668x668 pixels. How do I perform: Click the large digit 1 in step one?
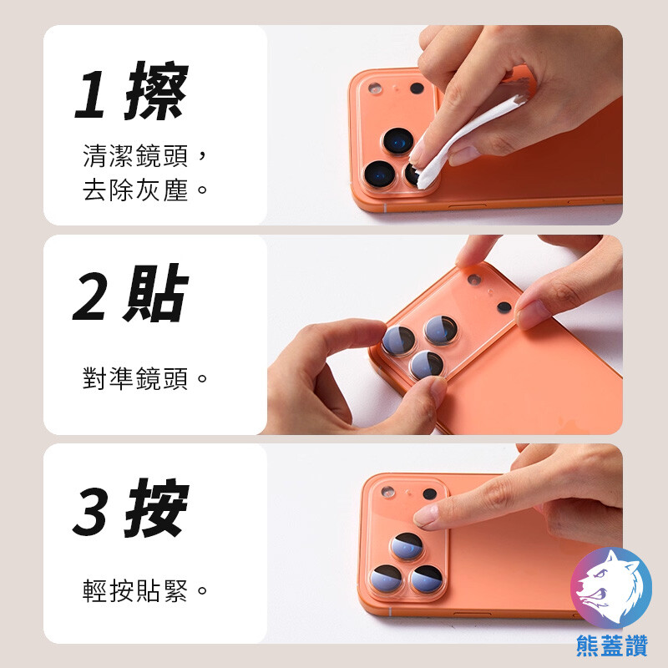tap(90, 94)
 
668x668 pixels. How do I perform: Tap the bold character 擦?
tap(157, 91)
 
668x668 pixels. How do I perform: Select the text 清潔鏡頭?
tap(135, 155)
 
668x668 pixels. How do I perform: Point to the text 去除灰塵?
tap(135, 190)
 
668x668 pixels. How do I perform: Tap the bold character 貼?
tap(156, 293)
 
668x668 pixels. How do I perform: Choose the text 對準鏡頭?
tap(135, 378)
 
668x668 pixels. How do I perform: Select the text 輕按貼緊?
tap(135, 590)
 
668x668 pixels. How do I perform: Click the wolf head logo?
tap(611, 588)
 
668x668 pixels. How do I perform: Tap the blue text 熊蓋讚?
tap(612, 645)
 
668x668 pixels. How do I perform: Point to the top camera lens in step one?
tap(398, 141)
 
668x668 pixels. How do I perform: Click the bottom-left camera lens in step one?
tap(379, 174)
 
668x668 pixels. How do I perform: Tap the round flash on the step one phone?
tap(375, 89)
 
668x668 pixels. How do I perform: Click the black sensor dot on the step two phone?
tap(504, 306)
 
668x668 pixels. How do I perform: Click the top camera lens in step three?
tap(407, 545)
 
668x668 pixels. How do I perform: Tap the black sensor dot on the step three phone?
tap(430, 493)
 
